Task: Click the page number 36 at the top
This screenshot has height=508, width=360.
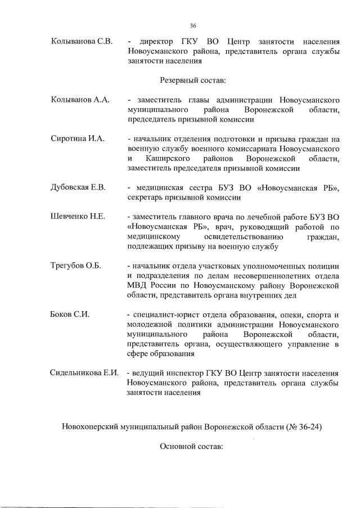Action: (x=192, y=26)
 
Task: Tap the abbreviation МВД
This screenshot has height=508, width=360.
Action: (x=139, y=286)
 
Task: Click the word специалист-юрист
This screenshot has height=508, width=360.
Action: (x=164, y=314)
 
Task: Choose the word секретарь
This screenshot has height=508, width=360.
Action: (x=147, y=197)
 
